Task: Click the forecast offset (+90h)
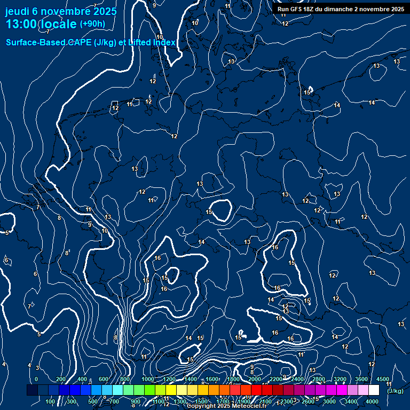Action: (92, 23)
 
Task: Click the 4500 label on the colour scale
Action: (383, 379)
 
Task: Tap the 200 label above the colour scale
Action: (61, 379)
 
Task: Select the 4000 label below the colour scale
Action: (373, 401)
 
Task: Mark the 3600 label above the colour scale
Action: (361, 379)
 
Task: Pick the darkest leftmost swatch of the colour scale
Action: (32, 390)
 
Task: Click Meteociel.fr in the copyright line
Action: (249, 406)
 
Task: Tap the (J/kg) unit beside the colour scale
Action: (395, 391)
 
